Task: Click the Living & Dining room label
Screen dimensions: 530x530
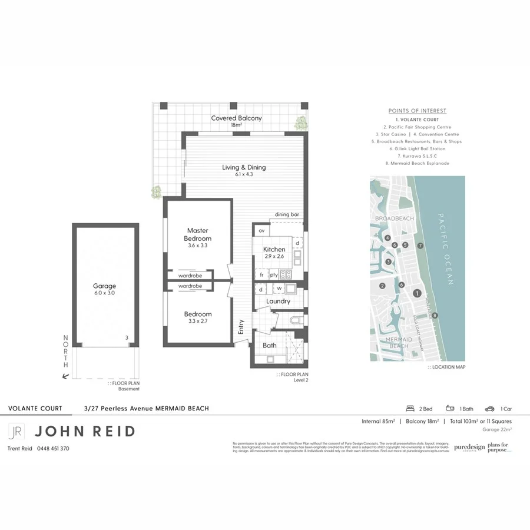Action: tap(244, 167)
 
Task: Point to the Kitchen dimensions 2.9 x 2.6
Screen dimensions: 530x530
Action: tap(274, 257)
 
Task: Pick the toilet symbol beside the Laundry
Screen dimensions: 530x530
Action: tap(296, 320)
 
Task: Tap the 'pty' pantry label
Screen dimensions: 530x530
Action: tap(274, 275)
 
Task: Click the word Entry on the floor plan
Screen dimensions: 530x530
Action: tap(241, 327)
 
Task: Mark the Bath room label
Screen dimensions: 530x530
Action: tap(270, 346)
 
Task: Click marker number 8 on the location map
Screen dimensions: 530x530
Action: tap(435, 316)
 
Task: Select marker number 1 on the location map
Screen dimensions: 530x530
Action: tap(417, 293)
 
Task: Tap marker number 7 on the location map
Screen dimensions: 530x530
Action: tap(420, 245)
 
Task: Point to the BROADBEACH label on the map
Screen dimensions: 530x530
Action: tap(394, 218)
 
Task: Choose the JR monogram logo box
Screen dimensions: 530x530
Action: tap(16, 431)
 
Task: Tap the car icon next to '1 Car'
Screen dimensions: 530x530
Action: tap(489, 409)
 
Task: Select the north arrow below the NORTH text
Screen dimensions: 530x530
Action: tap(66, 375)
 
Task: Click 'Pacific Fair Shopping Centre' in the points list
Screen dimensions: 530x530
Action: tap(417, 127)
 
